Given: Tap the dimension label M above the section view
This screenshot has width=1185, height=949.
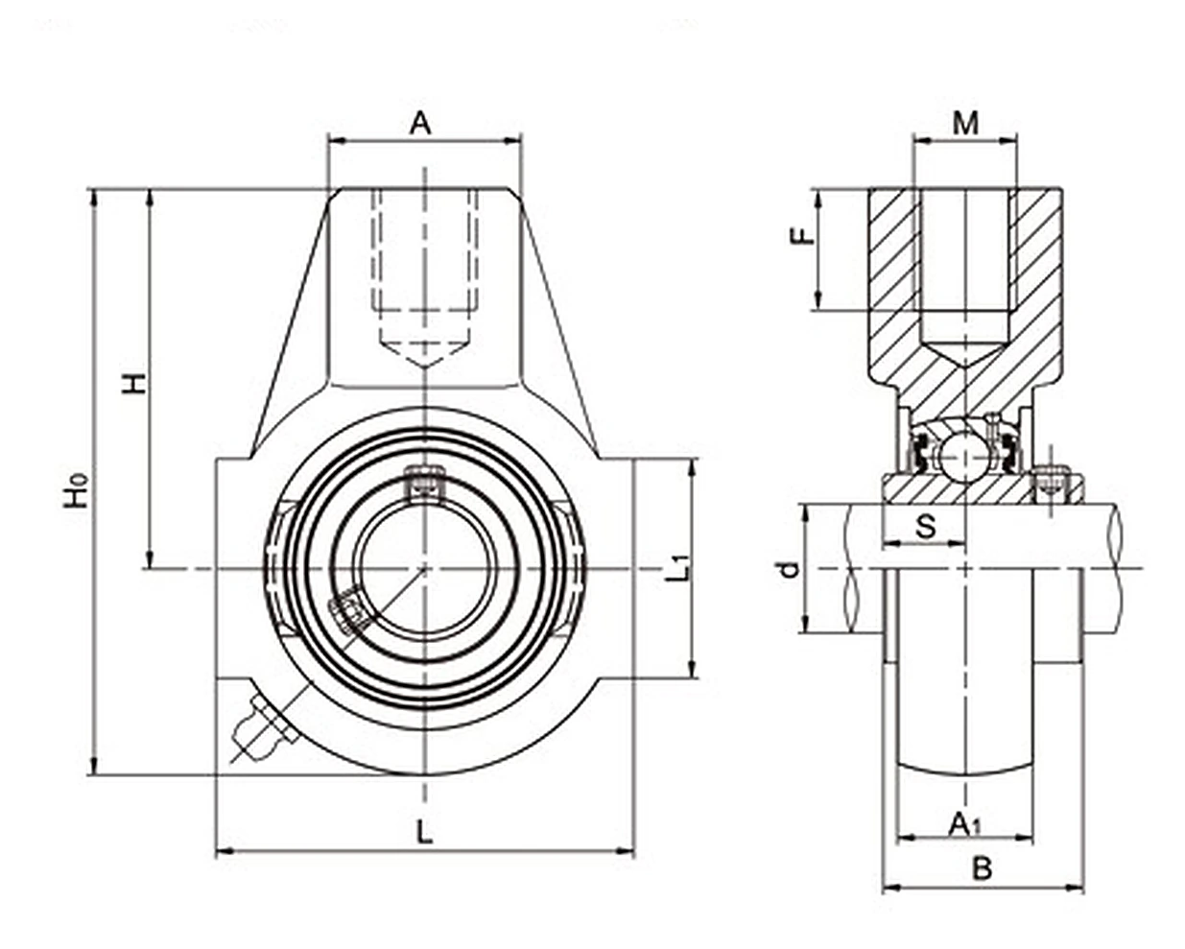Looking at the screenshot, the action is click(966, 124).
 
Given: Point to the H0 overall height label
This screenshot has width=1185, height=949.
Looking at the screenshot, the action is click(77, 489).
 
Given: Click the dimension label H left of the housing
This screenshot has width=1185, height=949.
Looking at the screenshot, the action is click(133, 384).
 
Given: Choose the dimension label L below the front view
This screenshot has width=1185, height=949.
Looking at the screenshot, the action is click(424, 832).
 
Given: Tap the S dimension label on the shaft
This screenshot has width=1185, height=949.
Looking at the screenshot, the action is click(926, 526).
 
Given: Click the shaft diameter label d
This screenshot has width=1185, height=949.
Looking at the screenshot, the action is click(791, 570).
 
